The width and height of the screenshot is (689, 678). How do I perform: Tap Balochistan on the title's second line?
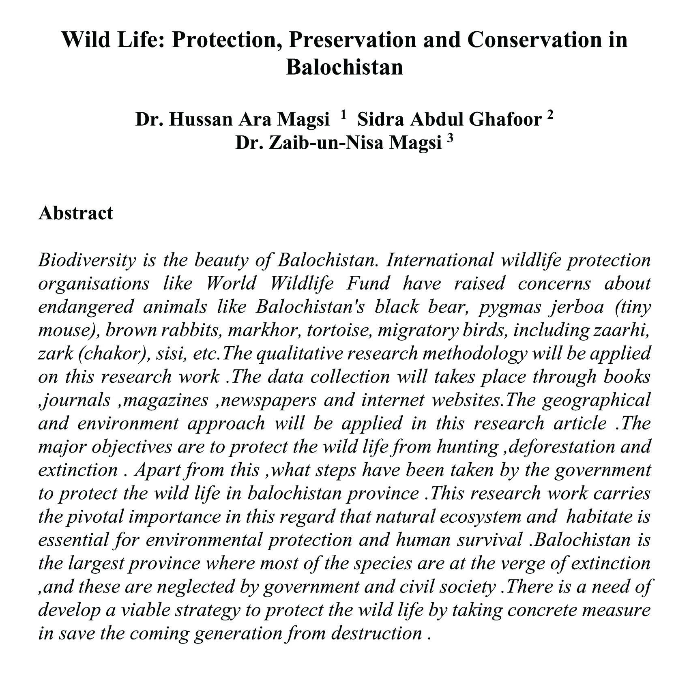coord(344,67)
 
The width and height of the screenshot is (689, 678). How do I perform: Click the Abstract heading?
coord(76,213)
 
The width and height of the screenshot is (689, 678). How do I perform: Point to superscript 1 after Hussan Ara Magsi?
coord(343,115)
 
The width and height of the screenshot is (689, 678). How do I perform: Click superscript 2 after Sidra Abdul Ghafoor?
coord(550,115)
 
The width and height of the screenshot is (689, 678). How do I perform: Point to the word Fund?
coord(367,283)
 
